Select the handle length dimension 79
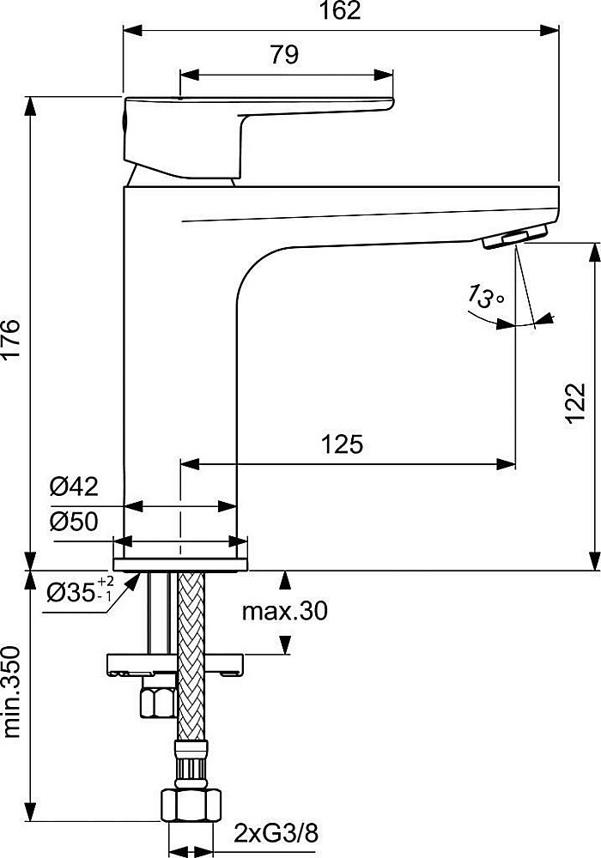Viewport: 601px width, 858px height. click(284, 55)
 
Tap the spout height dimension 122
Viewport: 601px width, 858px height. click(575, 402)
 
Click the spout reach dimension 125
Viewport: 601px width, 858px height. click(343, 444)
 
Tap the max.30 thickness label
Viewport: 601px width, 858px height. click(284, 611)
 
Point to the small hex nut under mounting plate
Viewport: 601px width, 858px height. click(157, 702)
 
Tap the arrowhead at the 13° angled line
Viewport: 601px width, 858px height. click(546, 319)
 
